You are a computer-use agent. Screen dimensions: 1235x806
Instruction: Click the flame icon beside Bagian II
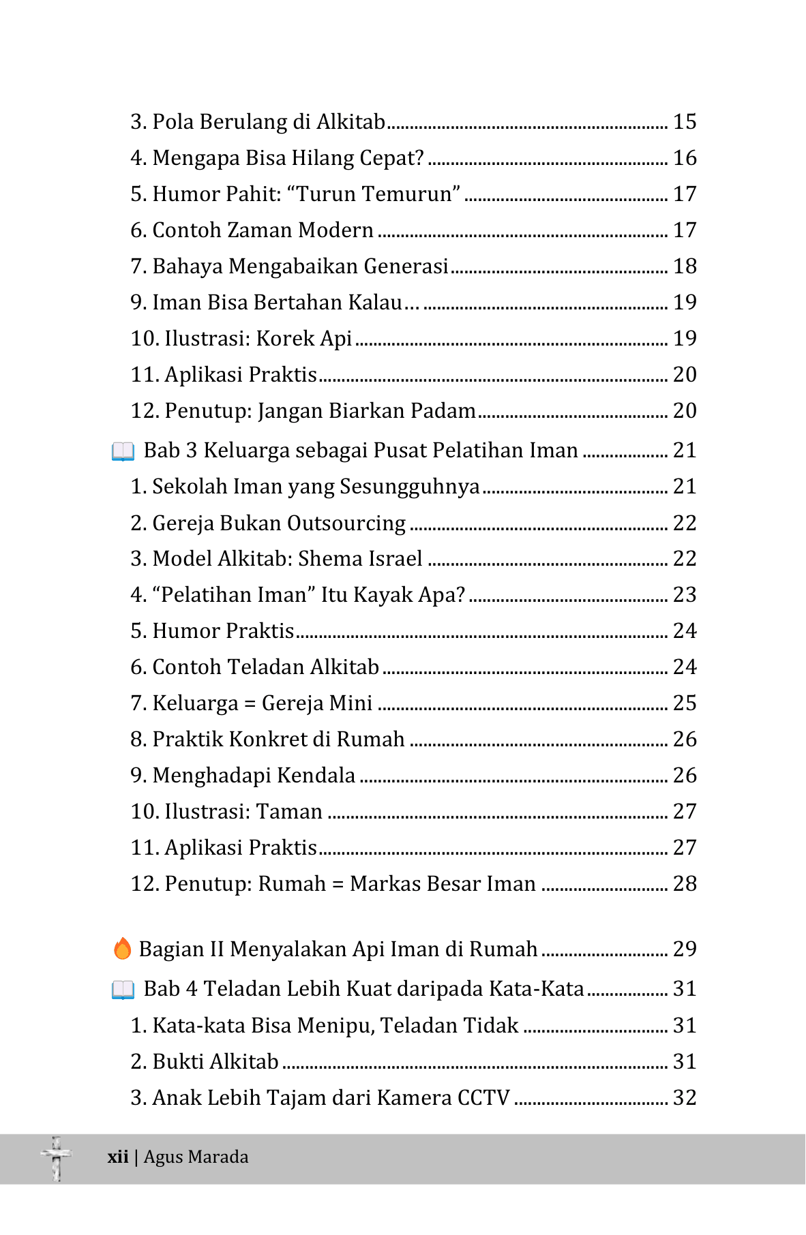123,949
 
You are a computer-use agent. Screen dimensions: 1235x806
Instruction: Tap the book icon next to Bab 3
123,451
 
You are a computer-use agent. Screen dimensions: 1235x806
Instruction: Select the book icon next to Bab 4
123,990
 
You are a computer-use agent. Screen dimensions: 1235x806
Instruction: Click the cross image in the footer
56,1158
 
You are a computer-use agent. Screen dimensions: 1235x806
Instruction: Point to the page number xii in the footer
118,1157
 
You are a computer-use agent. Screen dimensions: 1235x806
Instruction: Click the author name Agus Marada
196,1157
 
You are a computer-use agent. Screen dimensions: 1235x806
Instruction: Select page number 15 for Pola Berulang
685,122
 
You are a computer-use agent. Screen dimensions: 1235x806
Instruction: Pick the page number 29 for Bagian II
685,949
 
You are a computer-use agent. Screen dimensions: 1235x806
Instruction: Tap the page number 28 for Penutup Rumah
685,884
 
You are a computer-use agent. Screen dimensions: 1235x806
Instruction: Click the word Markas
381,884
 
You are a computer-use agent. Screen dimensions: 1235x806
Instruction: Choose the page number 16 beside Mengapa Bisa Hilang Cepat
685,158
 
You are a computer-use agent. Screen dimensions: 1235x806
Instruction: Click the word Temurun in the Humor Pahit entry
411,194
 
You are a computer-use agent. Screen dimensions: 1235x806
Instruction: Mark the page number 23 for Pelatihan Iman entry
685,595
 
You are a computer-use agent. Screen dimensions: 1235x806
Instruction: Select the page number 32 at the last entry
685,1098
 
